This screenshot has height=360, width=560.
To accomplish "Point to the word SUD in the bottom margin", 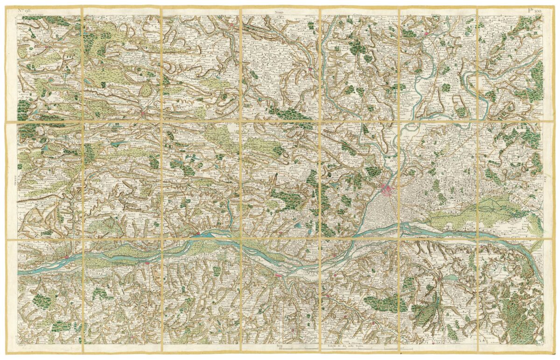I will (x=280, y=346).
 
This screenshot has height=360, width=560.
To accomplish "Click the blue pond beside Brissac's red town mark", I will (x=451, y=277).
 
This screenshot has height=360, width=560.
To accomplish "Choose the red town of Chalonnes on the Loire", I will (x=279, y=277).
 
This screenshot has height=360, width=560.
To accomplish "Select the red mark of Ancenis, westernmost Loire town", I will (x=68, y=256).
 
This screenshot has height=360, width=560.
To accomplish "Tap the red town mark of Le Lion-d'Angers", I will (x=310, y=70).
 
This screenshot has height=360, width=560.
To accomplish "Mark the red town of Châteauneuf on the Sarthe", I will (x=427, y=34).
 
